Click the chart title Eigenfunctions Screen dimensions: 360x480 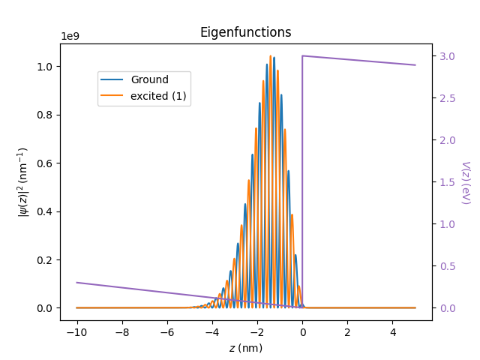245,32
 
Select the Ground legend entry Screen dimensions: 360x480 149,80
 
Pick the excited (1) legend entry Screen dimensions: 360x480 158,96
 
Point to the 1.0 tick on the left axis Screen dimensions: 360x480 46,67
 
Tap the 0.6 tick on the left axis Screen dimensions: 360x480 46,163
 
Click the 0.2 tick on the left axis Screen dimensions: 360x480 46,260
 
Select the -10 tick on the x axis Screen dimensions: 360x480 76,332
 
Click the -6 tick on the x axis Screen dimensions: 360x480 166,332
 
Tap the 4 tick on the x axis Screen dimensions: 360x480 393,332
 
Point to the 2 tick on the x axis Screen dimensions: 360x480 347,332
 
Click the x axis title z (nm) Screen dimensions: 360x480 245,348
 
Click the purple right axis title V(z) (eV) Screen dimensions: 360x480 465,182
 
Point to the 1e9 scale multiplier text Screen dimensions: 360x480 70,36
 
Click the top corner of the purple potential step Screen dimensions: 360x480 302,55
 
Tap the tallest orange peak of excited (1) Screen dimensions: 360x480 271,55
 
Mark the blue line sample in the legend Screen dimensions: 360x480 112,80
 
